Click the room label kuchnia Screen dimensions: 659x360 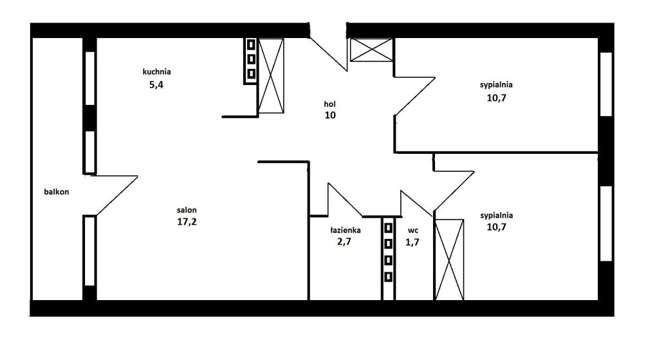coord(156,71)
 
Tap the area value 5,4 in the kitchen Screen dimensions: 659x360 coord(156,85)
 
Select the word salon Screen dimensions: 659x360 coord(187,210)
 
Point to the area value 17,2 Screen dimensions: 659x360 coord(187,222)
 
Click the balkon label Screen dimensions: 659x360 coord(57,192)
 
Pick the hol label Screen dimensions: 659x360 coord(329,104)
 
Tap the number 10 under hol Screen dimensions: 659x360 coord(330,115)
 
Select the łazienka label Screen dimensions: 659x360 coord(345,230)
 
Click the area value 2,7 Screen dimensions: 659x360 coord(344,242)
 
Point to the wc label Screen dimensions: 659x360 coord(413,231)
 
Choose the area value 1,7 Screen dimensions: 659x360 coord(412,242)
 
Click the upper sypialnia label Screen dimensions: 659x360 coord(496,85)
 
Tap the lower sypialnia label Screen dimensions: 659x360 coord(496,216)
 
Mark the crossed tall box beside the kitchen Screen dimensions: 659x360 coord(271,76)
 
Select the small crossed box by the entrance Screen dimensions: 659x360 coord(371,50)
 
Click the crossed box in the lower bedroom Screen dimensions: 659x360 coord(449,260)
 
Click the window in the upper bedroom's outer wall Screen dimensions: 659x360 coord(606,84)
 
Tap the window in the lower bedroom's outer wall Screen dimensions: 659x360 coord(606,223)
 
